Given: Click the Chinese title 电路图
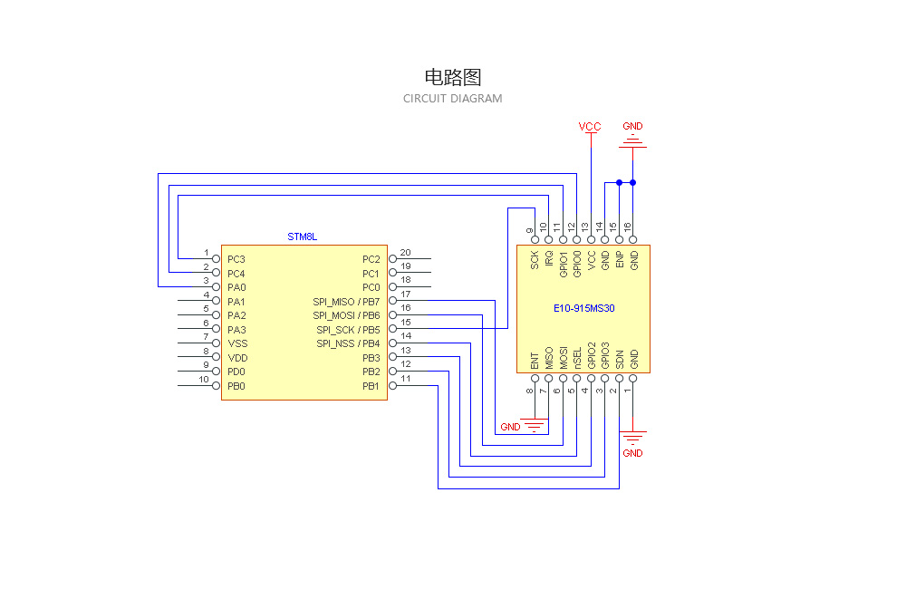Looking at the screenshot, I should pyautogui.click(x=452, y=77).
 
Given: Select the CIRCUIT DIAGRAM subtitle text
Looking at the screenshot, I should pyautogui.click(x=452, y=99).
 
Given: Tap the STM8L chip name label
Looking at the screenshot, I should pyautogui.click(x=303, y=237).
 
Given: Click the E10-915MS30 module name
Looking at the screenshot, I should pyautogui.click(x=584, y=308).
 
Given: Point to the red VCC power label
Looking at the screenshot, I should pyautogui.click(x=590, y=127).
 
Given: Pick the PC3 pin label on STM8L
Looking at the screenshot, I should pyautogui.click(x=236, y=259).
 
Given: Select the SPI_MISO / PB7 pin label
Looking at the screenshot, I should pyautogui.click(x=346, y=302).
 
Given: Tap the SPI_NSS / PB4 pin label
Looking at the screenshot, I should pyautogui.click(x=348, y=343).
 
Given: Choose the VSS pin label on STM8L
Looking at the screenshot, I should pyautogui.click(x=237, y=343).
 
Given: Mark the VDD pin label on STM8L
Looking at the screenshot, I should pyautogui.click(x=237, y=358).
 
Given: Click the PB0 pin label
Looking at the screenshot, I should pyautogui.click(x=236, y=386).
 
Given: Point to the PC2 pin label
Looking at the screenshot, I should pyautogui.click(x=371, y=259).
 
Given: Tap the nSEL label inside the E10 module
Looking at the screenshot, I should pyautogui.click(x=577, y=356).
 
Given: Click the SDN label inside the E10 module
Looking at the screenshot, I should pyautogui.click(x=620, y=358).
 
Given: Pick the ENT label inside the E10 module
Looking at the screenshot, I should pyautogui.click(x=535, y=358).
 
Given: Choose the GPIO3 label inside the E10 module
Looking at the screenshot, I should pyautogui.click(x=605, y=354).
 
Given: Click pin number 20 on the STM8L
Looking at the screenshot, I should pyautogui.click(x=405, y=253).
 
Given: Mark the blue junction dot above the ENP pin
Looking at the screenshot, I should pyautogui.click(x=619, y=183).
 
